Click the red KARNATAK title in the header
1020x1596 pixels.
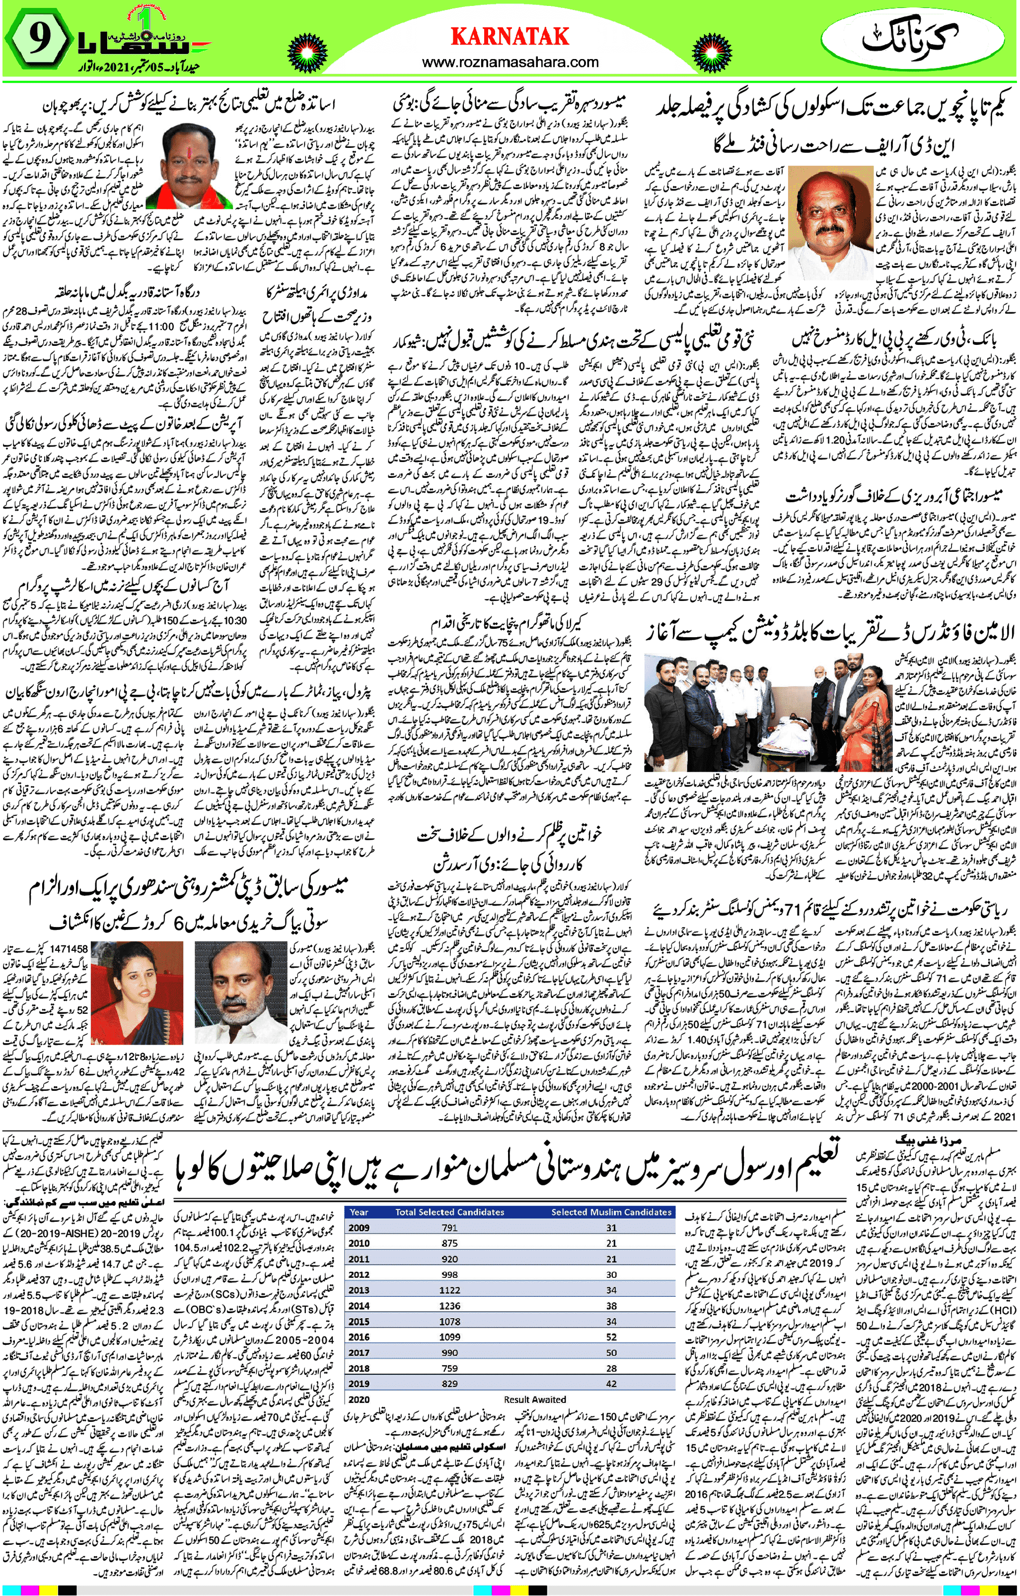[510, 36]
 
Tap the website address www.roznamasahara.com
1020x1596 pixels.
[510, 63]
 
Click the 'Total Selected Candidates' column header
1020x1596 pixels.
[449, 1212]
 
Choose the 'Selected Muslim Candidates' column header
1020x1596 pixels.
[611, 1212]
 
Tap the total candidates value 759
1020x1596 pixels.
[449, 1369]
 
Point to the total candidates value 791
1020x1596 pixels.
[449, 1228]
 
